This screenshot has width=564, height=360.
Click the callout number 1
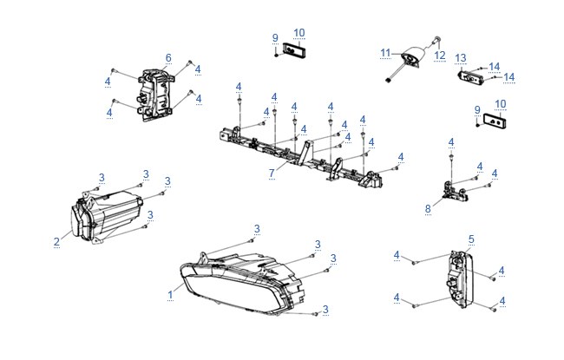click(x=170, y=295)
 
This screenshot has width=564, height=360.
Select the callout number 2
click(x=56, y=242)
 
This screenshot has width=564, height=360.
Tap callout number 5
click(x=471, y=239)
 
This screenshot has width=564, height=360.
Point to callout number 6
click(x=168, y=58)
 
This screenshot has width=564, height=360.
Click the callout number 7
click(x=272, y=173)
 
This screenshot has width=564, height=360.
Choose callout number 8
click(x=428, y=208)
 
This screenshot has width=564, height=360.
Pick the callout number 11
click(x=385, y=54)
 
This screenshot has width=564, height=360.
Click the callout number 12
click(x=440, y=56)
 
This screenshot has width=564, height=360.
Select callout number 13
click(x=461, y=58)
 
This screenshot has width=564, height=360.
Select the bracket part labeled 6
click(x=155, y=95)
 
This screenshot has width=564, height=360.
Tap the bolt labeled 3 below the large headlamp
click(x=316, y=314)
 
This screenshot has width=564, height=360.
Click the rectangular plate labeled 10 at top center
click(x=294, y=50)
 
